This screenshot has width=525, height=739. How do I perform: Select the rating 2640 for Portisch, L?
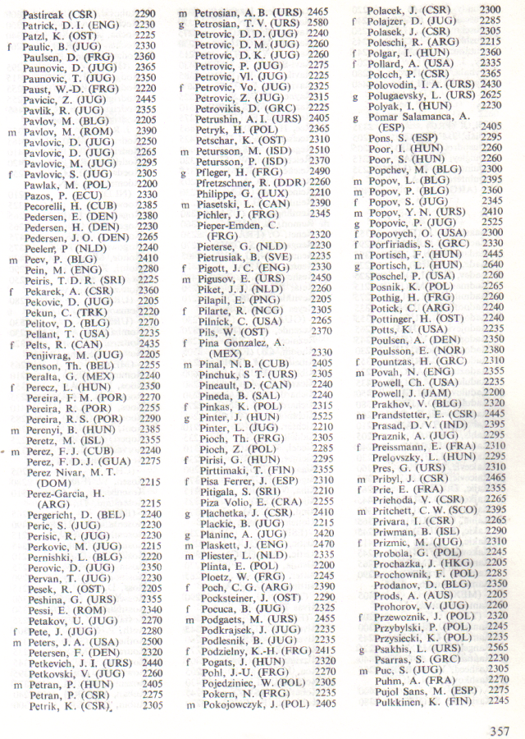click(x=491, y=264)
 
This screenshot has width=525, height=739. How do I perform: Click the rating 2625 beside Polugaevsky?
click(x=491, y=95)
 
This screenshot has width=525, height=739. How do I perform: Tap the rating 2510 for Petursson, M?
click(x=320, y=150)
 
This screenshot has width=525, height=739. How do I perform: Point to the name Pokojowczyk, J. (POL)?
click(x=252, y=704)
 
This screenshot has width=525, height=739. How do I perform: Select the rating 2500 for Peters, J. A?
click(x=149, y=641)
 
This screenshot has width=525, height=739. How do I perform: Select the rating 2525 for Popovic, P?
click(x=491, y=222)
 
